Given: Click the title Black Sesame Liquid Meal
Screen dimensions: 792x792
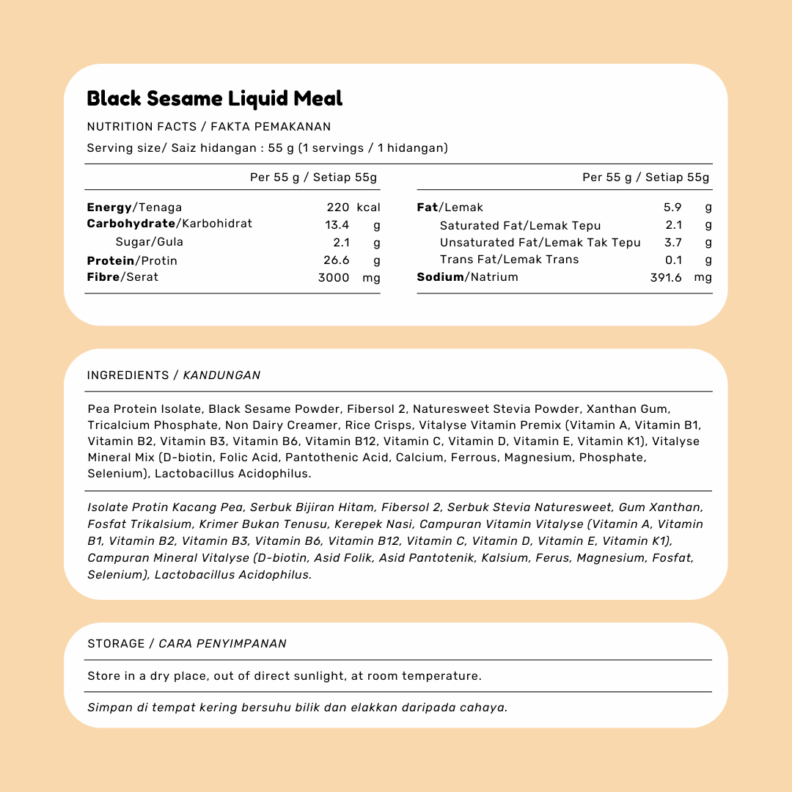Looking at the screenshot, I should click(215, 98).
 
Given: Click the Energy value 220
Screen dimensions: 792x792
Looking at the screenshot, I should click(338, 208).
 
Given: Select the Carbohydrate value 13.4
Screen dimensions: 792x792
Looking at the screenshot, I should click(337, 224).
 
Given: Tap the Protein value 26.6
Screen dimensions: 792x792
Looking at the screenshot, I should click(337, 260).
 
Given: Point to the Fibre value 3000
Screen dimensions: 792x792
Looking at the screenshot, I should click(334, 277).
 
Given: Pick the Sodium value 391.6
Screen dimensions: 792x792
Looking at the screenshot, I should click(666, 277).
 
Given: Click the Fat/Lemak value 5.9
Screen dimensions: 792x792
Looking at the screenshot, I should click(672, 208).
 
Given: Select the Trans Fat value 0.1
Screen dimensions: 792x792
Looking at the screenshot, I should click(673, 260).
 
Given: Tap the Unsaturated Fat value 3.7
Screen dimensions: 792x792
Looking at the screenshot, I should click(673, 243).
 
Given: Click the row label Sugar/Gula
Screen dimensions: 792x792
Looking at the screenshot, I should click(150, 242).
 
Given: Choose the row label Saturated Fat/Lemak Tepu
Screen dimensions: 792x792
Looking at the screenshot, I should click(520, 226).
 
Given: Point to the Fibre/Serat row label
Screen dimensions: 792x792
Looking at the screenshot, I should click(122, 277).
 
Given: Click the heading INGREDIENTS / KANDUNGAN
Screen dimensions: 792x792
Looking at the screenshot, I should click(174, 375).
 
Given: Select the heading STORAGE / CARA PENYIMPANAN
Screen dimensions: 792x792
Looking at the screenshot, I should click(187, 644).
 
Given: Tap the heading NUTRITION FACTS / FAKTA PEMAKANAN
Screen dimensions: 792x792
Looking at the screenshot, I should click(209, 127).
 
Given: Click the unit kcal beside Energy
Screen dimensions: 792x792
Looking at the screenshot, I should click(368, 208).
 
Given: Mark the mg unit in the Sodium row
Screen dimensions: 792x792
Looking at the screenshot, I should click(703, 277).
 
